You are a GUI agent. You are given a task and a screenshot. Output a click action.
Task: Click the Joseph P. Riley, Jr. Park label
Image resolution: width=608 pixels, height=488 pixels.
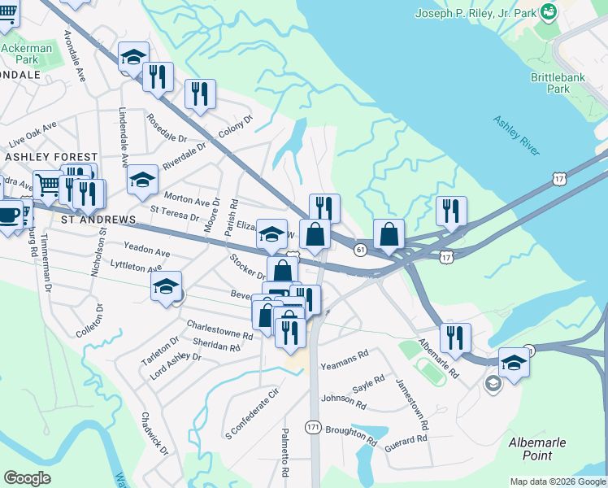476,13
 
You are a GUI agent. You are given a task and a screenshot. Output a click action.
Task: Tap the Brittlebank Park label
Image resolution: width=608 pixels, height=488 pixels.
562,82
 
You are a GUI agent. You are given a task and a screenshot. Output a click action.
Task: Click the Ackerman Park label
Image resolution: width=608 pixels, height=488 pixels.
27,54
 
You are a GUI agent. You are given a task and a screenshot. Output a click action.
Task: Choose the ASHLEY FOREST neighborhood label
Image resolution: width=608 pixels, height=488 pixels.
51,156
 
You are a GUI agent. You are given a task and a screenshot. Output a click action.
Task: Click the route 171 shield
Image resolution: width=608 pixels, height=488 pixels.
313,427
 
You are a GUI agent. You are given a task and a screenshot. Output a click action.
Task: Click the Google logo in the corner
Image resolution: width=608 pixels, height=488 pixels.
27,477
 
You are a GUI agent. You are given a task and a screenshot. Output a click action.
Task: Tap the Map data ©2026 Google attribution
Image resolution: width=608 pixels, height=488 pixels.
558,481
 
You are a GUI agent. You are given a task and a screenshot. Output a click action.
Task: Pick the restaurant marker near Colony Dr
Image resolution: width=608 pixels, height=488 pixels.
199,94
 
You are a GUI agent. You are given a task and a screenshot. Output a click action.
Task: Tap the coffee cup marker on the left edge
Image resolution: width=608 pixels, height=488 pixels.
8,216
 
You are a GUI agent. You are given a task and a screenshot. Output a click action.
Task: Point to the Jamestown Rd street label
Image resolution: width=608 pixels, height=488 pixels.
412,403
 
